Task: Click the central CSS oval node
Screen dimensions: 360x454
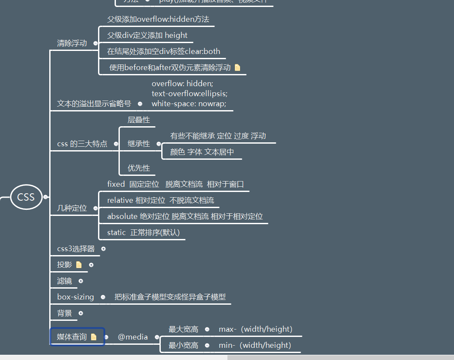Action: tap(26, 197)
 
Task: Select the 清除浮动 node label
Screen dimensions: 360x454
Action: tap(72, 43)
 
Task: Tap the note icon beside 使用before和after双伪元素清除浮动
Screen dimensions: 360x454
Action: tap(237, 67)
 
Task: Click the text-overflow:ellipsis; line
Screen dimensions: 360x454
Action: tap(190, 93)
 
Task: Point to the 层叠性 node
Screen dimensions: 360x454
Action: tap(139, 120)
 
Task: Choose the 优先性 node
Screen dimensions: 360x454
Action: tap(139, 168)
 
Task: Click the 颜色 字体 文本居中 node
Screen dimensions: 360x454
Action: tap(202, 152)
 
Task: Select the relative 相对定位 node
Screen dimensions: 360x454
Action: tap(160, 200)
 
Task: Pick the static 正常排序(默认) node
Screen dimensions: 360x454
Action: tap(143, 232)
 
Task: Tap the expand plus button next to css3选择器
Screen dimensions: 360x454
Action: tap(103, 249)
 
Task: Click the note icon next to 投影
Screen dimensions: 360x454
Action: tap(79, 265)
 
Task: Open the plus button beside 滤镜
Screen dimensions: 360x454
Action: tap(81, 281)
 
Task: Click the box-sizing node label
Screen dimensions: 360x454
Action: tap(75, 297)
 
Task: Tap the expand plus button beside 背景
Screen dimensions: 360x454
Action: tap(81, 313)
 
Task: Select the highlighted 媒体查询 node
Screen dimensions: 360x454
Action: tap(72, 336)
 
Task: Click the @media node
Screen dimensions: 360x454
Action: tap(133, 337)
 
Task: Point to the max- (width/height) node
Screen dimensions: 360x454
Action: tap(255, 329)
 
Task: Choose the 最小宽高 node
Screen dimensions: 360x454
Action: tap(183, 345)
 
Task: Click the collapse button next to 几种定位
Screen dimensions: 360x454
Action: tap(95, 208)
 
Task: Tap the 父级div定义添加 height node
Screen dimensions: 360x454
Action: tap(147, 35)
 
